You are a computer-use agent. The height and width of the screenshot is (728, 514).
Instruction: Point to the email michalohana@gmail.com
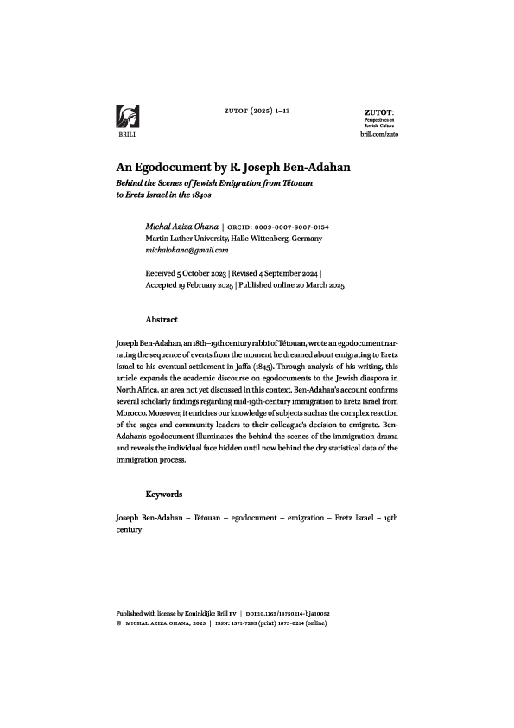[187, 250]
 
